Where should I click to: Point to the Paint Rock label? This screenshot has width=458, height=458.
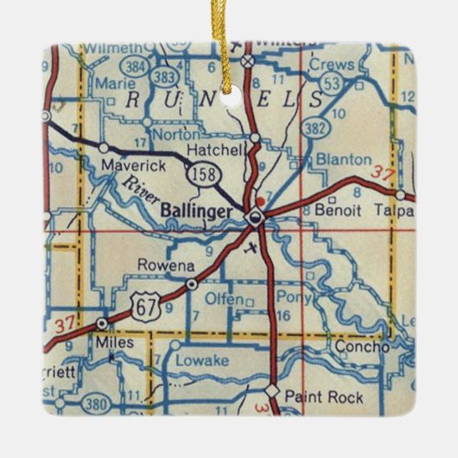tap(320, 398)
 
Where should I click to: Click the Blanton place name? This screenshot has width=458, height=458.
tap(343, 161)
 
